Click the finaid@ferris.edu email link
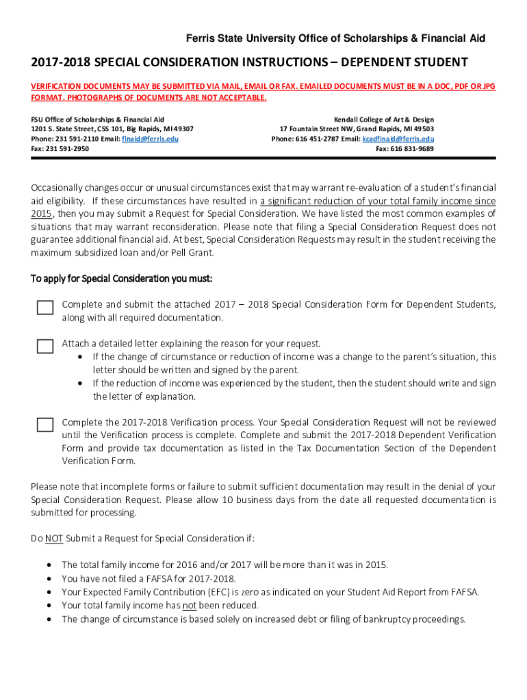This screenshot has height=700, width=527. [150, 139]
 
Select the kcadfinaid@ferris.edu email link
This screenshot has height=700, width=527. [398, 139]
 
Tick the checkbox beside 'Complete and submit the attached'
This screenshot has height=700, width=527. [45, 308]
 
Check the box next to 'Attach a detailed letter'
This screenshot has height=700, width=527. [45, 347]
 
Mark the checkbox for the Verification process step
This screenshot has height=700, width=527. [45, 425]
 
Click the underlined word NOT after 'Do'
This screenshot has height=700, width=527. [54, 539]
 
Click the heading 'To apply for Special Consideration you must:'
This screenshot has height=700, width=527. [122, 279]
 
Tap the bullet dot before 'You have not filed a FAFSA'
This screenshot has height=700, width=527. [49, 579]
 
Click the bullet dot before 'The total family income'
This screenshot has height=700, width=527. [49, 565]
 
